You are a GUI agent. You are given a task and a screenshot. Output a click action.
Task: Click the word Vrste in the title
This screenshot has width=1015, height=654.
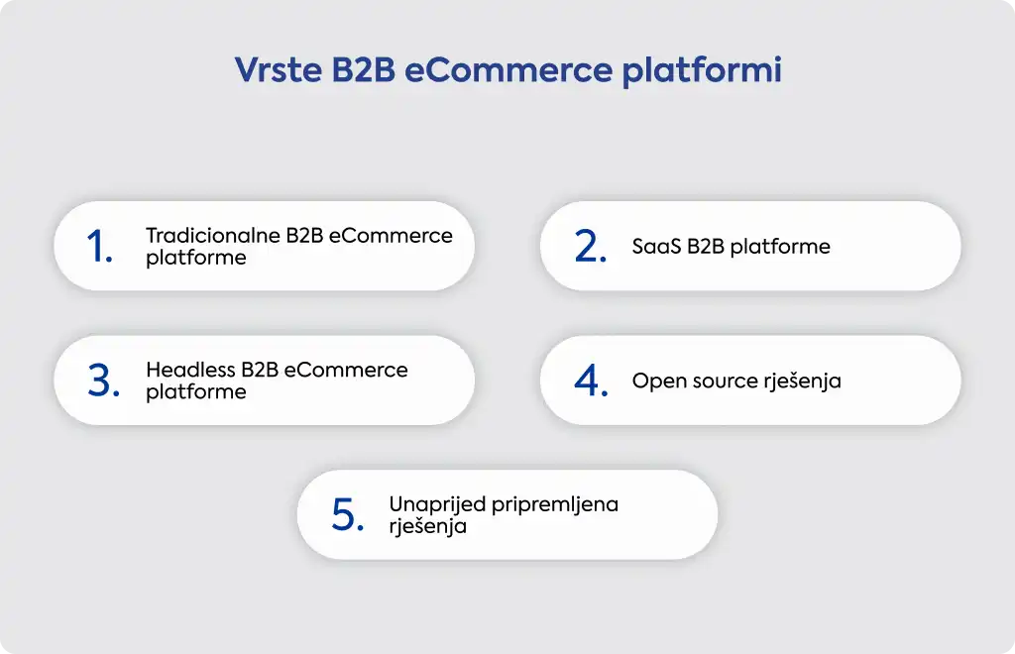pos(278,70)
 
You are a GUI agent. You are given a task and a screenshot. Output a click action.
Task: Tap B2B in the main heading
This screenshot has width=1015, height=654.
pos(363,70)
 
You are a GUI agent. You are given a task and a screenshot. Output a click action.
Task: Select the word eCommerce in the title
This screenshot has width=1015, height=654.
pos(508,70)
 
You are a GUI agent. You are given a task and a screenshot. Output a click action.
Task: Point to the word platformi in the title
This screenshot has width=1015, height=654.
pos(702,71)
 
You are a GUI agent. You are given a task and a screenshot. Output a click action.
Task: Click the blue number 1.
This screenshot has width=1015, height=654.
pos(99,247)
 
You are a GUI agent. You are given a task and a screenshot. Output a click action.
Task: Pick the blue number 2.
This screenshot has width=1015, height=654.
pos(591,247)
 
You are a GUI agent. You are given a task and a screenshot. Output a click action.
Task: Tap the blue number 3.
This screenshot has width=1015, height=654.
pos(103,381)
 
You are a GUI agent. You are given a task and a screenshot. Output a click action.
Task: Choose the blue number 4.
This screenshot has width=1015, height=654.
pos(591,381)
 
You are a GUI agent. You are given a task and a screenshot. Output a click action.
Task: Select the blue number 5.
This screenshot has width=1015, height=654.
pos(348,515)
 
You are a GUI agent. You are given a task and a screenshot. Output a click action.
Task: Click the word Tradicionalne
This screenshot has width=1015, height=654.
pos(213,236)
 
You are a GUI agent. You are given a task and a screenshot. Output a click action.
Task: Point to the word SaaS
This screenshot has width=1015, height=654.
pos(656,247)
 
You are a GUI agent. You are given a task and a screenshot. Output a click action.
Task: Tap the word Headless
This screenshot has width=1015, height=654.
pos(190,370)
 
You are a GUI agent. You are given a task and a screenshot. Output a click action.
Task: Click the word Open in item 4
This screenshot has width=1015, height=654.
pos(659,381)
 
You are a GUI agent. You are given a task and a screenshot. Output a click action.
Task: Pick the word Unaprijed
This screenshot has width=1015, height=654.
pos(437,505)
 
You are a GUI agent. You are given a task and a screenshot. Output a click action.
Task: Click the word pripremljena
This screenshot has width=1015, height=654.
pos(555,505)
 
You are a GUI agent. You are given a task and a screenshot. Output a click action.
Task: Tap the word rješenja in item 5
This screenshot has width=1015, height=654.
pos(427,526)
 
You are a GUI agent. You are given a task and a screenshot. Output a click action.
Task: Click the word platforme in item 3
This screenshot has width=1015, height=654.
pos(196,392)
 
